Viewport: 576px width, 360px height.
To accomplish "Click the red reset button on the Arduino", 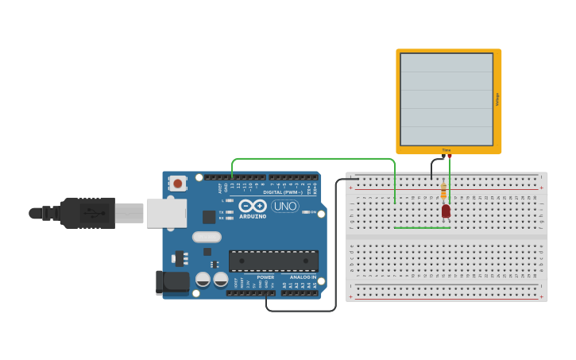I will [177, 184].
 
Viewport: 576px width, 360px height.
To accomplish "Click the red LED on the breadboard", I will [446, 211].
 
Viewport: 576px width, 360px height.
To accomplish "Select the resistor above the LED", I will [443, 191].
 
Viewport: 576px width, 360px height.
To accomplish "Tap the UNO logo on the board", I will [284, 206].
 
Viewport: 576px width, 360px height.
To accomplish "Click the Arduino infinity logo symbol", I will [253, 205].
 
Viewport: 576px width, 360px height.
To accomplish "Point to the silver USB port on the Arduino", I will [167, 213].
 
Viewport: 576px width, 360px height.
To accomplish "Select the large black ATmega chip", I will [273, 261].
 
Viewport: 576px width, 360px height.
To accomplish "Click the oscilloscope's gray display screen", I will [446, 99].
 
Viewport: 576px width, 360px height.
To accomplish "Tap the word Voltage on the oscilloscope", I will [498, 99].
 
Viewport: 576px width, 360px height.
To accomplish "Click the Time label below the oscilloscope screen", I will [446, 149].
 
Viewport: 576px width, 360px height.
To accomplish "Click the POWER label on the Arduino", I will [265, 277].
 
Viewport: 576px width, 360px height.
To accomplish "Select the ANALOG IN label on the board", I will [302, 277].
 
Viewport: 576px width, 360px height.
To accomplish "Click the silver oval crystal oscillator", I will [207, 237].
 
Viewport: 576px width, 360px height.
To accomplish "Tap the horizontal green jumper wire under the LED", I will [422, 228].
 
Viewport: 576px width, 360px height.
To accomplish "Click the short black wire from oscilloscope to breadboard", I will [432, 167].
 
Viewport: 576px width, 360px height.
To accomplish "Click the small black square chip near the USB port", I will [209, 217].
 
